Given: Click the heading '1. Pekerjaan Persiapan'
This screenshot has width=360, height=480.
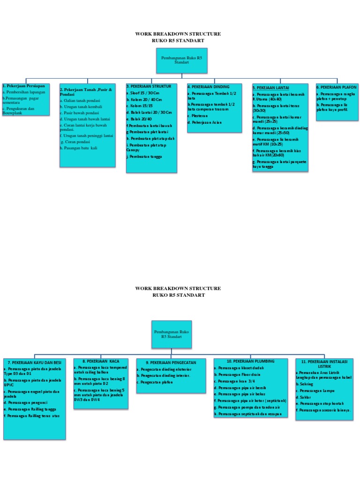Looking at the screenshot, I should [24, 86].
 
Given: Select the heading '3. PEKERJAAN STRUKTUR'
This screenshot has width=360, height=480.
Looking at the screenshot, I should [149, 87].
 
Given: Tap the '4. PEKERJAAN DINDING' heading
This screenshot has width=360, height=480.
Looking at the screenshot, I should [209, 87].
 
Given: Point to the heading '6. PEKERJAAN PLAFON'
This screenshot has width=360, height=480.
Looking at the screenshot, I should [337, 87].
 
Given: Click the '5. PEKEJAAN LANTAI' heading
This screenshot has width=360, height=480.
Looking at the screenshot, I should [270, 88].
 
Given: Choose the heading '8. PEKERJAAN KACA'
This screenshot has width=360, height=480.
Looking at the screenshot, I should [101, 361].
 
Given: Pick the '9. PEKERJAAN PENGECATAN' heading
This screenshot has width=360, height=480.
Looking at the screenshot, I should [164, 362].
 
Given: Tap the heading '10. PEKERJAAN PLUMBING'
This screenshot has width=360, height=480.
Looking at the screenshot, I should [244, 361].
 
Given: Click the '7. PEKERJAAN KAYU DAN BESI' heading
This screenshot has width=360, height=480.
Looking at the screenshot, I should [34, 363].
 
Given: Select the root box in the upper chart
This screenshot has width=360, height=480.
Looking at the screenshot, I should [181, 60].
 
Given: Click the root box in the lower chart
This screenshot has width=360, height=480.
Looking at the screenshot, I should [171, 334].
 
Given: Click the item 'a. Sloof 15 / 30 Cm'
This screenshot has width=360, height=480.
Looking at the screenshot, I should [142, 93].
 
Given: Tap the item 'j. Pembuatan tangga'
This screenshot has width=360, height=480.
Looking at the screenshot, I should [144, 157].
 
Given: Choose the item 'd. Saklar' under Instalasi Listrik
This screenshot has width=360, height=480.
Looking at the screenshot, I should [304, 397].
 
